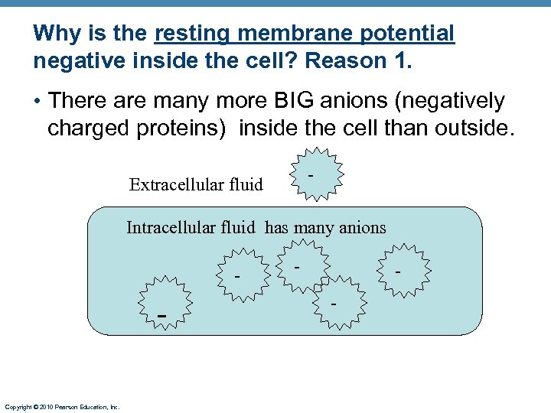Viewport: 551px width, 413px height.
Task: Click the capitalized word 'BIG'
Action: (x=293, y=101)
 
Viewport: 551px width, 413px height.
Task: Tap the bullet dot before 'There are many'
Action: (x=37, y=102)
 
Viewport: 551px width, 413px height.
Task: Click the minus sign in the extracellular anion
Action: (x=310, y=176)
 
